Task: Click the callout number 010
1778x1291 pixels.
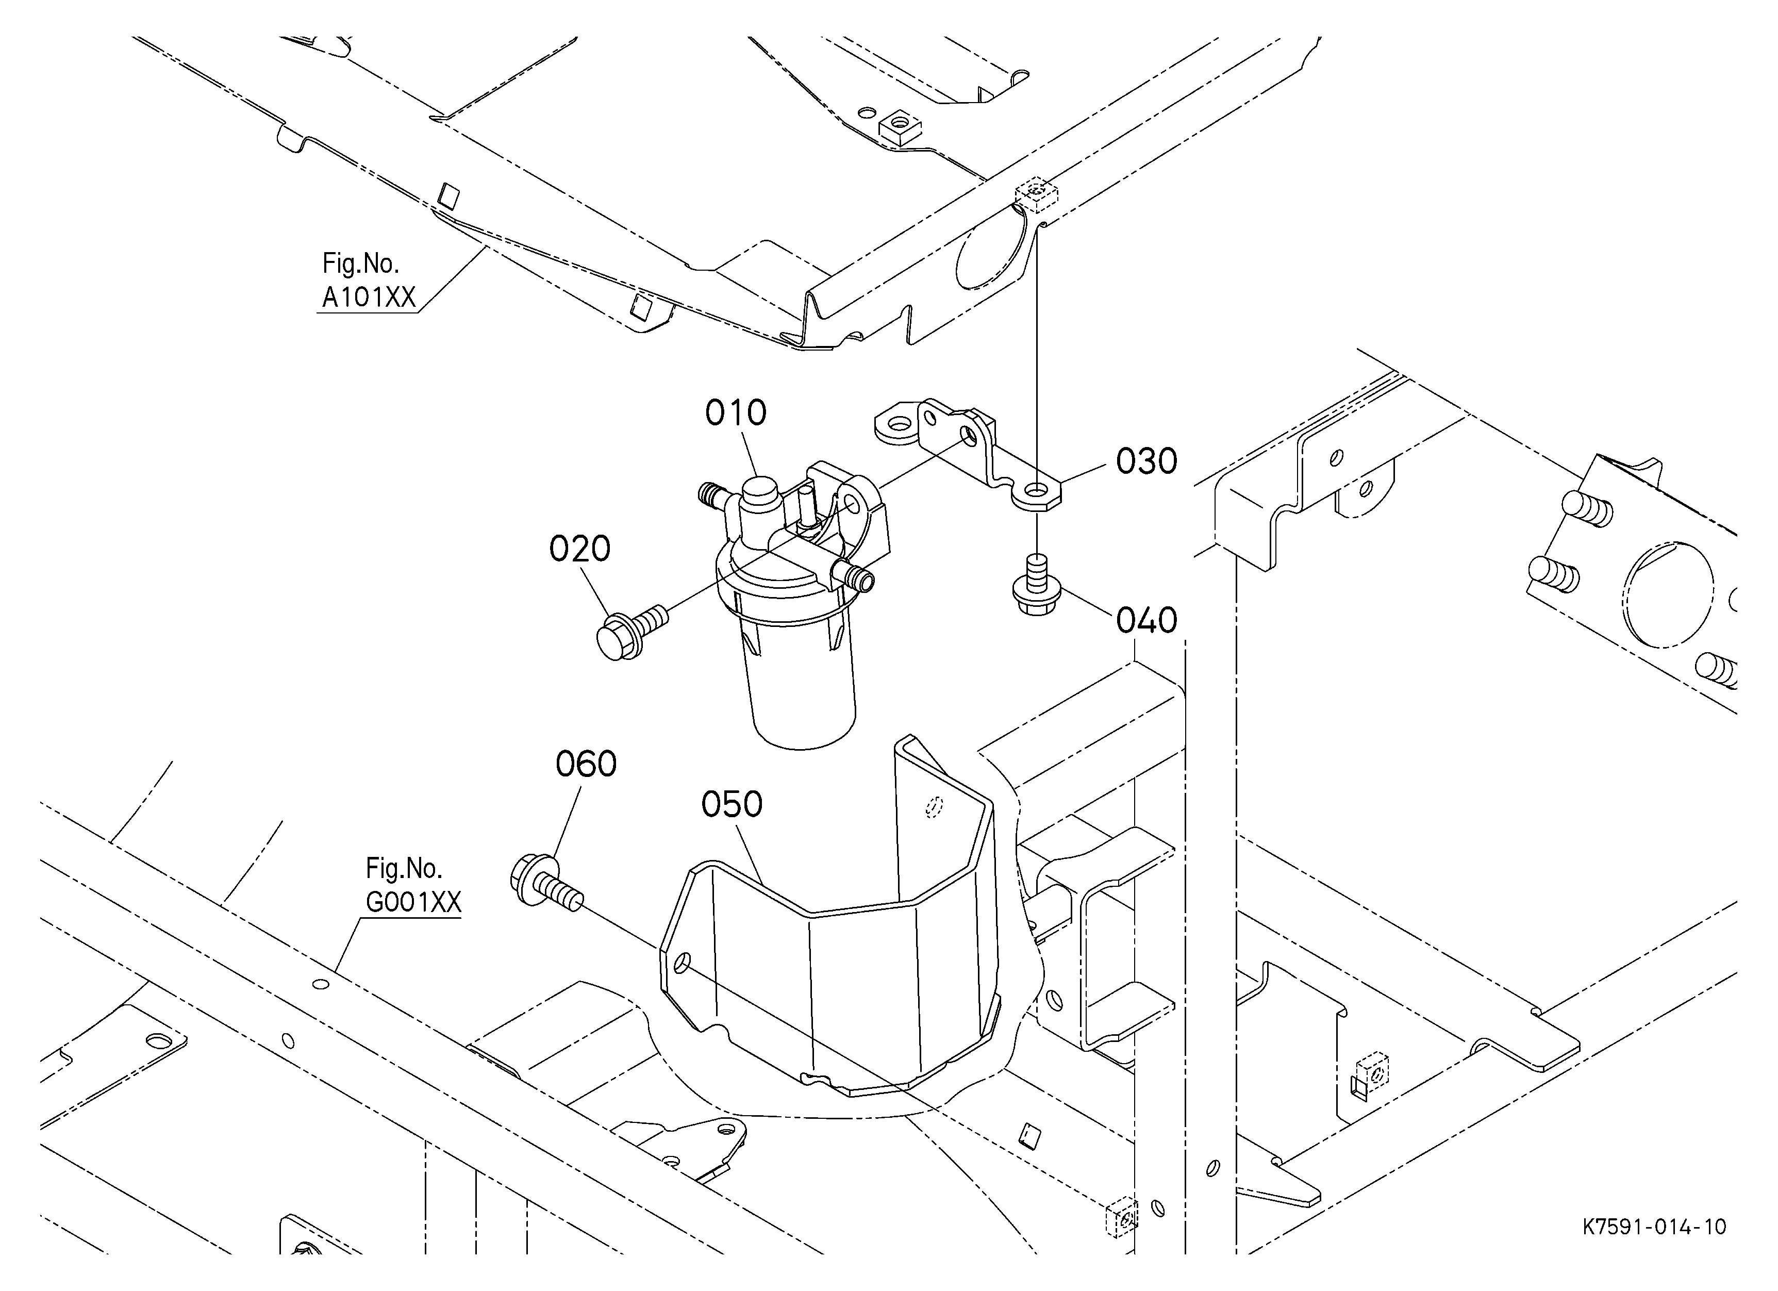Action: click(735, 413)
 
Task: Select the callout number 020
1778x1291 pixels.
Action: click(579, 550)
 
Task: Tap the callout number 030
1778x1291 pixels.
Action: click(1146, 461)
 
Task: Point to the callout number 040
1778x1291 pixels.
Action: click(1146, 621)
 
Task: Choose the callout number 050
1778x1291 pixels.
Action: click(732, 804)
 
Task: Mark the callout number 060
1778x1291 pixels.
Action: click(586, 764)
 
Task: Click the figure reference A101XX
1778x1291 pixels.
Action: click(369, 298)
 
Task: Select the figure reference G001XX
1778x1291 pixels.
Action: click(413, 902)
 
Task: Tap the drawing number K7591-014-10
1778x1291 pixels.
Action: click(1654, 1227)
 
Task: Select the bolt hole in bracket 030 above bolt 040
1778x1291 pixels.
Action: click(1037, 491)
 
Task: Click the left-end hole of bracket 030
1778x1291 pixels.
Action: click(899, 424)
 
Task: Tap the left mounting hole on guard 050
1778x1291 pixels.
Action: click(682, 962)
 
